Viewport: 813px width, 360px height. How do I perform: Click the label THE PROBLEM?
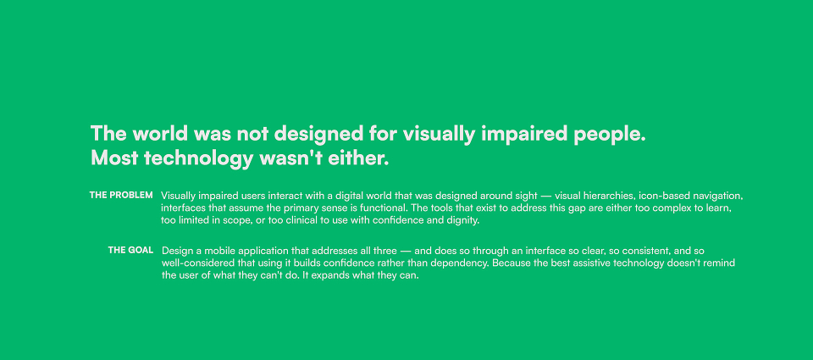click(x=121, y=195)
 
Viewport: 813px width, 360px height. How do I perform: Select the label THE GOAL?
click(x=130, y=250)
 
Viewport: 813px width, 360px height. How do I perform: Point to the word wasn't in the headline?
click(x=290, y=158)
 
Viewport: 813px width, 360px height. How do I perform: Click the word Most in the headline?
click(x=115, y=158)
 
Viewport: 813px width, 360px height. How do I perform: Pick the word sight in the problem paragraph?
click(x=524, y=196)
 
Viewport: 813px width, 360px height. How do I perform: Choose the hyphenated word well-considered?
click(x=195, y=263)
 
